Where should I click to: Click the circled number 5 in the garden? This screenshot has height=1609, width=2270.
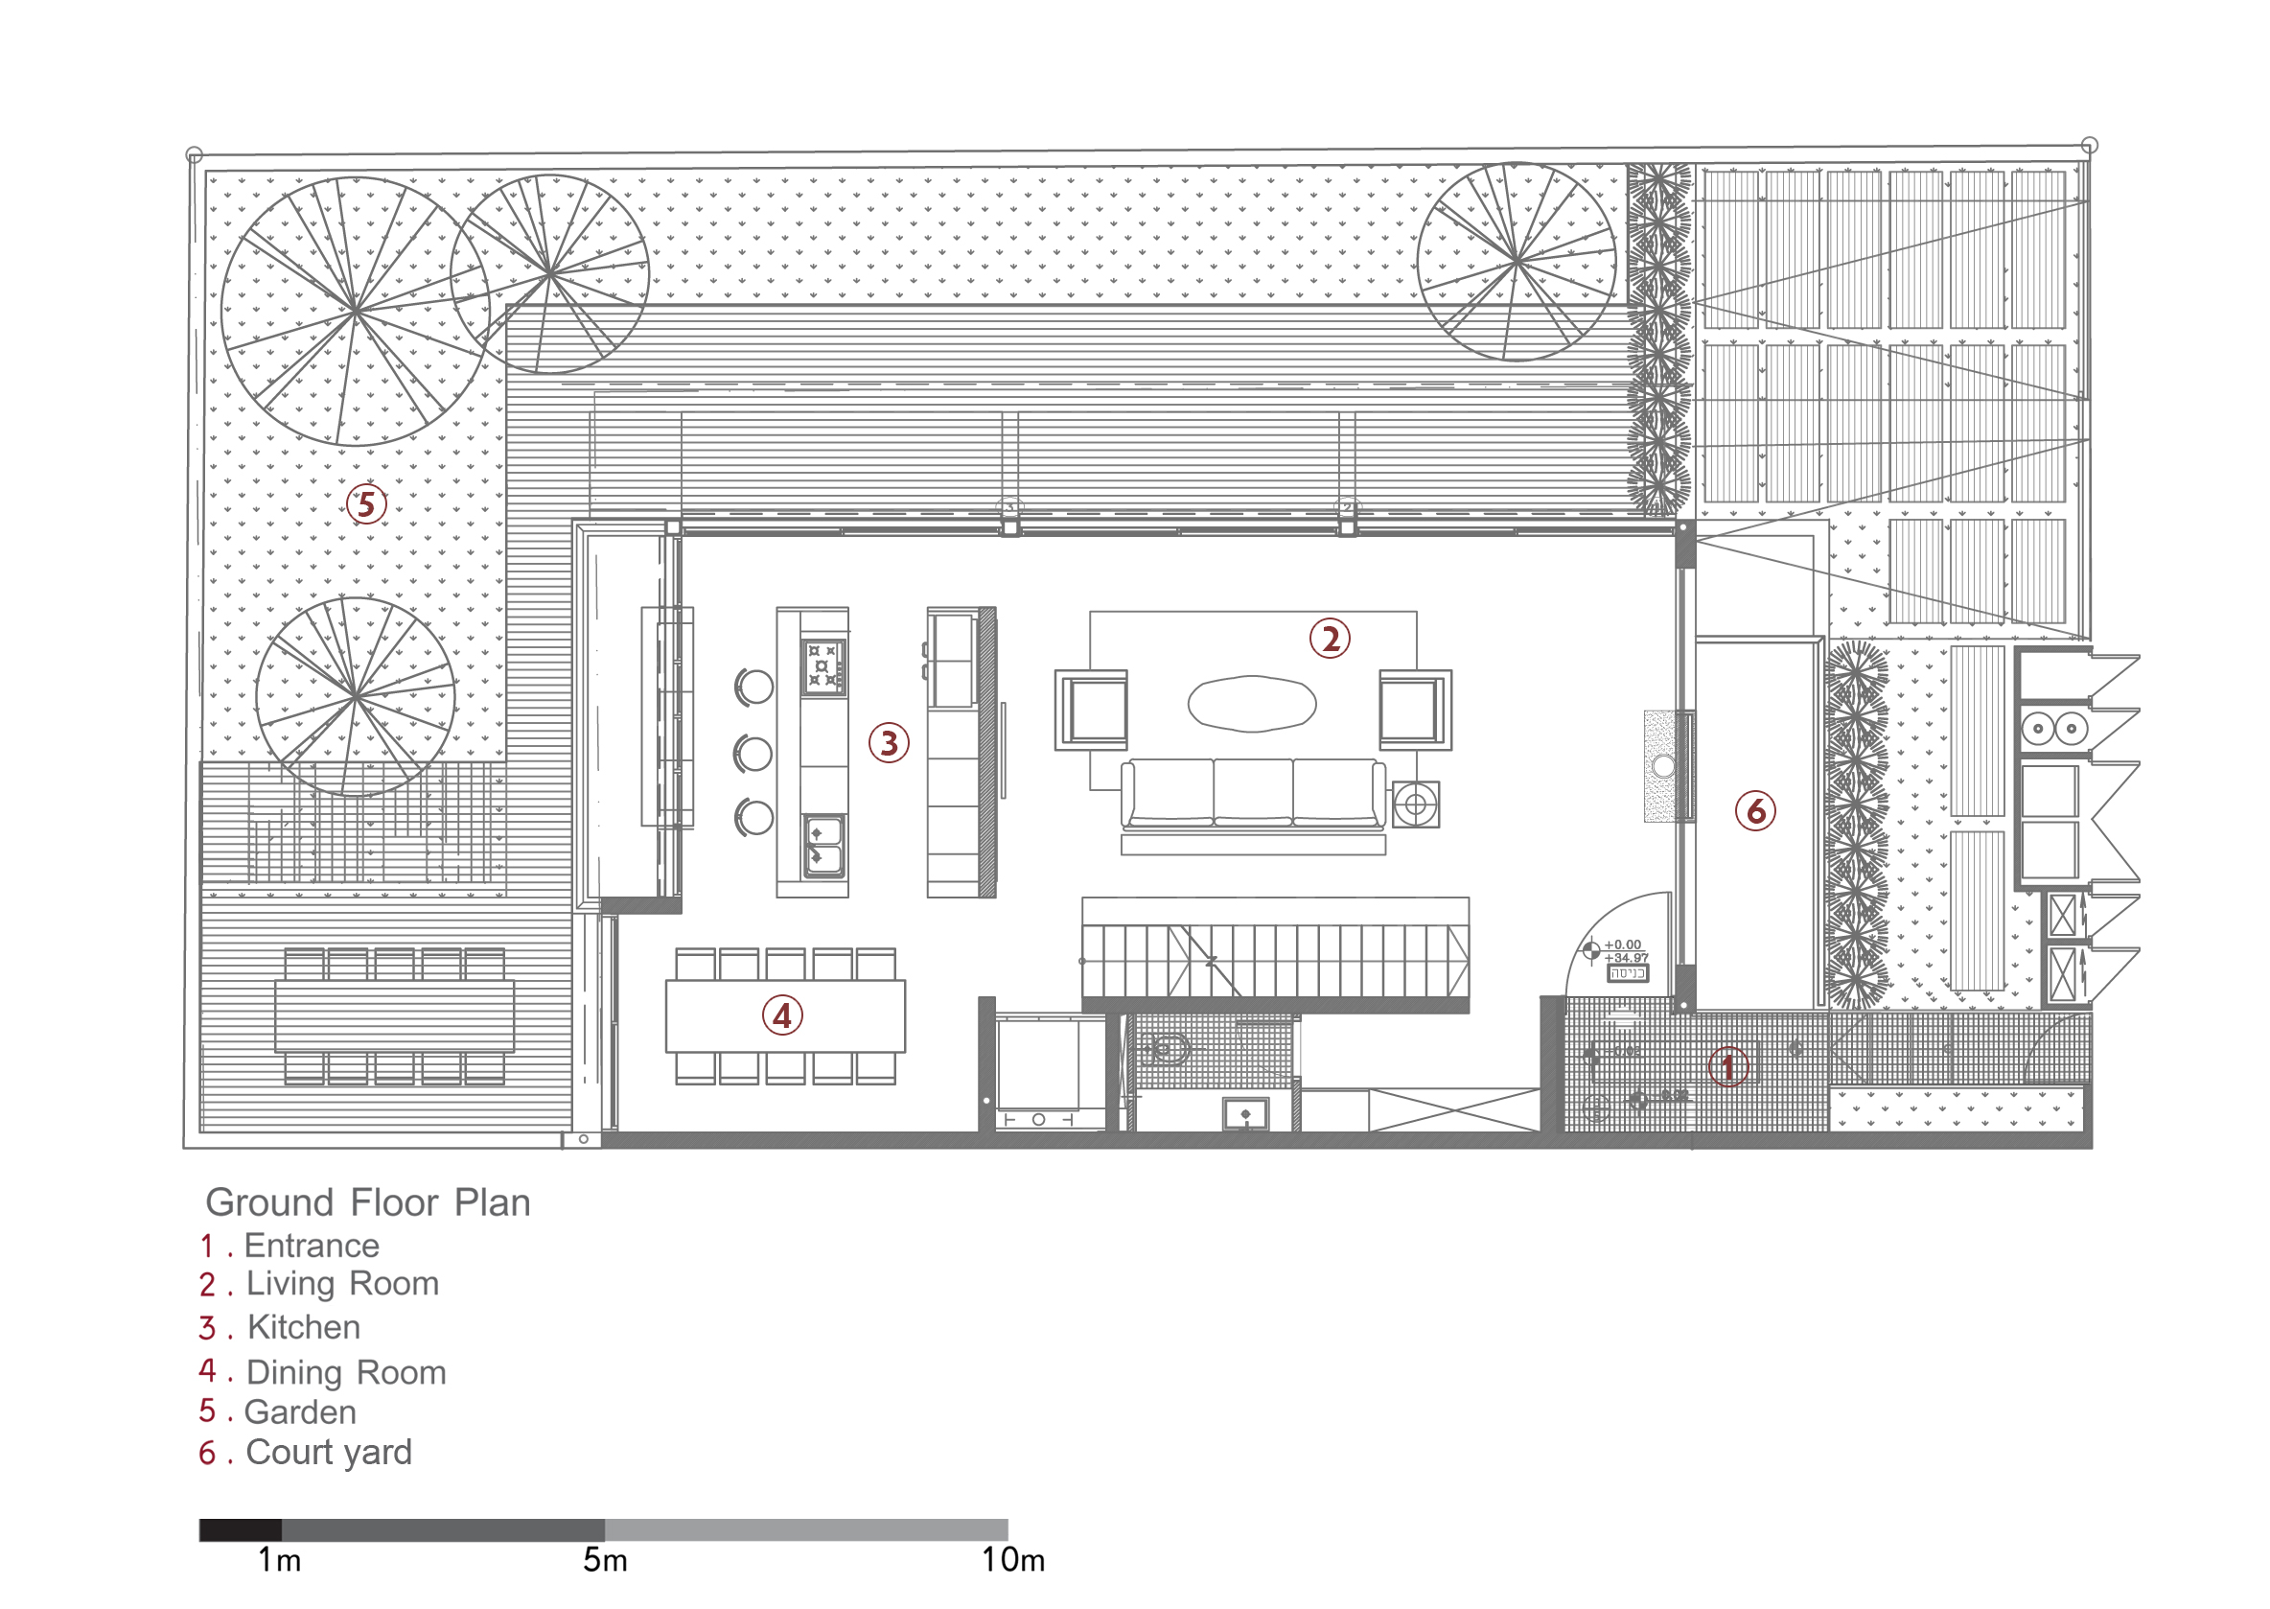(365, 504)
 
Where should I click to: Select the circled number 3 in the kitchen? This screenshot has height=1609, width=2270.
(889, 743)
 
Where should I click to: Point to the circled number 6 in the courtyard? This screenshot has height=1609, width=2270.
(1755, 811)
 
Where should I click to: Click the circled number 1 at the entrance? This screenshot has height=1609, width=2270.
(1728, 1067)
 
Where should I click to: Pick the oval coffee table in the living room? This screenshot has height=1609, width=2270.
(1252, 704)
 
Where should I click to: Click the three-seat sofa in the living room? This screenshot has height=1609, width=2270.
(1253, 793)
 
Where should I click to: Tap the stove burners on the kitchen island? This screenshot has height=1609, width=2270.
(823, 665)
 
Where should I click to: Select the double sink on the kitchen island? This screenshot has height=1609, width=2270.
(823, 845)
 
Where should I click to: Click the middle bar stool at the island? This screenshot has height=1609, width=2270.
(754, 754)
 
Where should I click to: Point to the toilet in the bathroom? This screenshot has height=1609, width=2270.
(1168, 1048)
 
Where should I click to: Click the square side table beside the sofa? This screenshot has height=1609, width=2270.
(1415, 804)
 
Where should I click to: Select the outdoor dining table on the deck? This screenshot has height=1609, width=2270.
(394, 1015)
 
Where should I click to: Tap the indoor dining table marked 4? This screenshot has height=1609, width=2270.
(784, 1015)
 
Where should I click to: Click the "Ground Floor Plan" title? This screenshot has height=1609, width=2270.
(367, 1202)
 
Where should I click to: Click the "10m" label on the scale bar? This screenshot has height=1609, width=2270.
(1013, 1560)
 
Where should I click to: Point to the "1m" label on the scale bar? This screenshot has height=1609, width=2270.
(279, 1560)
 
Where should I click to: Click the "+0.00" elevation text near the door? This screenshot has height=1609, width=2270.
(1622, 944)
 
